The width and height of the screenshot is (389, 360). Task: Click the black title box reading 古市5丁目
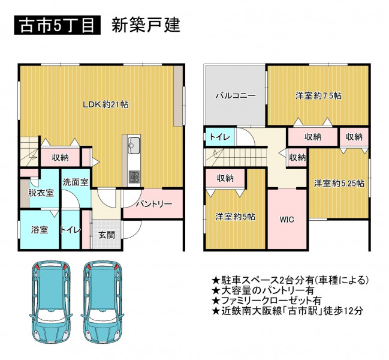58,25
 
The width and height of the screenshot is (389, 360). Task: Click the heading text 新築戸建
146,25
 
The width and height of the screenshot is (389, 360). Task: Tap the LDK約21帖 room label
105,104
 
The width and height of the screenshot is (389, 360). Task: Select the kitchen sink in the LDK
134,146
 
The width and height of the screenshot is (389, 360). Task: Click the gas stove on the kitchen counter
134,176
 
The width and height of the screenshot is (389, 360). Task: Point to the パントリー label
154,204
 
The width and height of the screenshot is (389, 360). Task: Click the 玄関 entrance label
107,235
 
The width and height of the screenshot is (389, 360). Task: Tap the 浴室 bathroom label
40,230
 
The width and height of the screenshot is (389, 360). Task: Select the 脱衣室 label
41,193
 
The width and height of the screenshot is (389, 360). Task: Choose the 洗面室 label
76,182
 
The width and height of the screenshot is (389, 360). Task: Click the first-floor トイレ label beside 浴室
71,230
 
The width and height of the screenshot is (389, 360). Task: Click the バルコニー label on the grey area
236,95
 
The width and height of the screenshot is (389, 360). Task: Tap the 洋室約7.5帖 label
318,95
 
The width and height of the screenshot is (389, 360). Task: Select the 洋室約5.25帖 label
339,184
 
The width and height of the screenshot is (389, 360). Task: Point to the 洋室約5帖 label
235,217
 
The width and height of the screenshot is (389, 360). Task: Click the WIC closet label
287,220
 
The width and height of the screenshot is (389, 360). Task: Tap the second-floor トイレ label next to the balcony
220,137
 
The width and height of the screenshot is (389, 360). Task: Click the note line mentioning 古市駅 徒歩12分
287,311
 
